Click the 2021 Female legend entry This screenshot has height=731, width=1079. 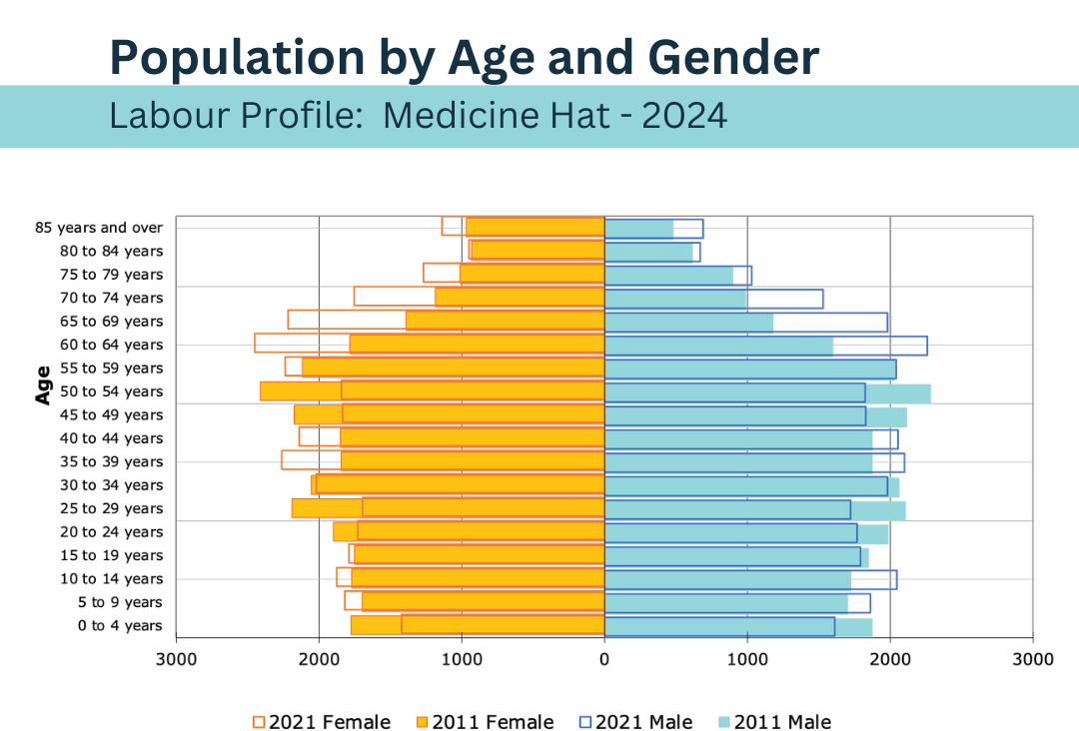[322, 722]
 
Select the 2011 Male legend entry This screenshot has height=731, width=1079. [774, 722]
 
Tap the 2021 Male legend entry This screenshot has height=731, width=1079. [635, 722]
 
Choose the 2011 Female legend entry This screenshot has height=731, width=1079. [485, 722]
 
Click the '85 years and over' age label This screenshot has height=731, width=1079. [99, 228]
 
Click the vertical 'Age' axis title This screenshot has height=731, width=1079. [43, 383]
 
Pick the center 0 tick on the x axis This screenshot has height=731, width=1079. [604, 659]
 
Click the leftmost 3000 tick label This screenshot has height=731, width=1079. [177, 659]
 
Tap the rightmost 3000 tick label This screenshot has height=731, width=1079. [1032, 659]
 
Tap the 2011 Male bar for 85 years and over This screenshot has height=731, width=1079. [639, 228]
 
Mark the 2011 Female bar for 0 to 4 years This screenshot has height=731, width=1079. [503, 625]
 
